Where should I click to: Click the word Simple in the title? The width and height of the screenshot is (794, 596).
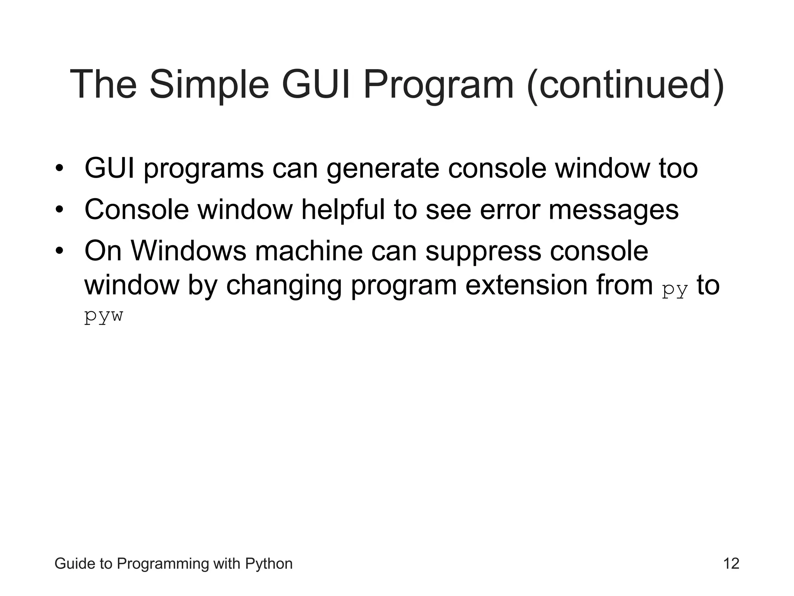tap(209, 85)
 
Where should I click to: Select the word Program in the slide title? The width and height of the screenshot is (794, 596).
tap(438, 85)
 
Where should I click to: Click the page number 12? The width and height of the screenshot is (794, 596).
tap(731, 563)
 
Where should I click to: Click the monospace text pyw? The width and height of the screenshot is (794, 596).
tap(104, 316)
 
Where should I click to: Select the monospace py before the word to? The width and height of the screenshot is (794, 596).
tap(675, 289)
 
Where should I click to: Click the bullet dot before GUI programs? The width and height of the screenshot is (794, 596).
tap(59, 169)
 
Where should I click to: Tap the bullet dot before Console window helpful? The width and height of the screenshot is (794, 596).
tap(59, 210)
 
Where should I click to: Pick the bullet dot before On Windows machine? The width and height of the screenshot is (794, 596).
tap(59, 251)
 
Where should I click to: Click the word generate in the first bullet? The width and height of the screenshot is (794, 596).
tap(383, 169)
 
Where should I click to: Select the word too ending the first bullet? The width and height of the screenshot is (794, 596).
tap(678, 168)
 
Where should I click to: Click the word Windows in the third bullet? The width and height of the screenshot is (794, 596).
tap(188, 251)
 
